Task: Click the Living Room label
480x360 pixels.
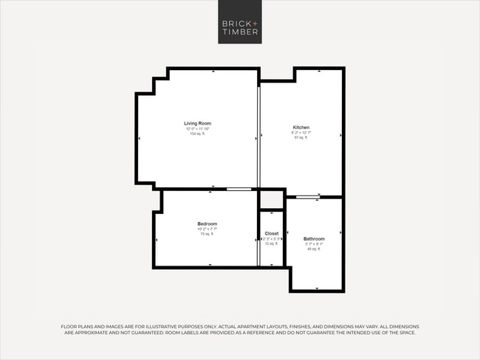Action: pyautogui.click(x=198, y=123)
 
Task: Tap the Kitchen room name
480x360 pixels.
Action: pyautogui.click(x=301, y=127)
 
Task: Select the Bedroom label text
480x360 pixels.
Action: pyautogui.click(x=207, y=224)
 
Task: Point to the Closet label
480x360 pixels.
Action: pyautogui.click(x=272, y=233)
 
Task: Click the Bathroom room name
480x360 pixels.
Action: pyautogui.click(x=314, y=238)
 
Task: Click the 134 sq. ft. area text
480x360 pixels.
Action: pyautogui.click(x=198, y=134)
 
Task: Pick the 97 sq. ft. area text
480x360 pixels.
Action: pyautogui.click(x=301, y=137)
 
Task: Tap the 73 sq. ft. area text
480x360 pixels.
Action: pyautogui.click(x=207, y=234)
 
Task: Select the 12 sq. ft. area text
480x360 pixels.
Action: pyautogui.click(x=272, y=243)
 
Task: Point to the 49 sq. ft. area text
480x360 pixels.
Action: pyautogui.click(x=314, y=249)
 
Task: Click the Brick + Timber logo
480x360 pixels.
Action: pyautogui.click(x=239, y=21)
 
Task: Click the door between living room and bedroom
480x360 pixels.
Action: pyautogui.click(x=239, y=190)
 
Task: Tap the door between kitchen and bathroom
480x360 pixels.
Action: pyautogui.click(x=307, y=196)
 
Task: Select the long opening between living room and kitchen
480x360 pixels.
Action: pyautogui.click(x=258, y=137)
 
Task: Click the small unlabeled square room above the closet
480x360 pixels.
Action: pyautogui.click(x=272, y=200)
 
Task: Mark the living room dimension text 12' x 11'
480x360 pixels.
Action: pyautogui.click(x=198, y=128)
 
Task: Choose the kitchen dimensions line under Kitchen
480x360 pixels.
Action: pyautogui.click(x=301, y=132)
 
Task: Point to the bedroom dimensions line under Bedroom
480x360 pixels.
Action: pyautogui.click(x=207, y=229)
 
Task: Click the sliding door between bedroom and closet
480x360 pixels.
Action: pyautogui.click(x=258, y=238)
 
